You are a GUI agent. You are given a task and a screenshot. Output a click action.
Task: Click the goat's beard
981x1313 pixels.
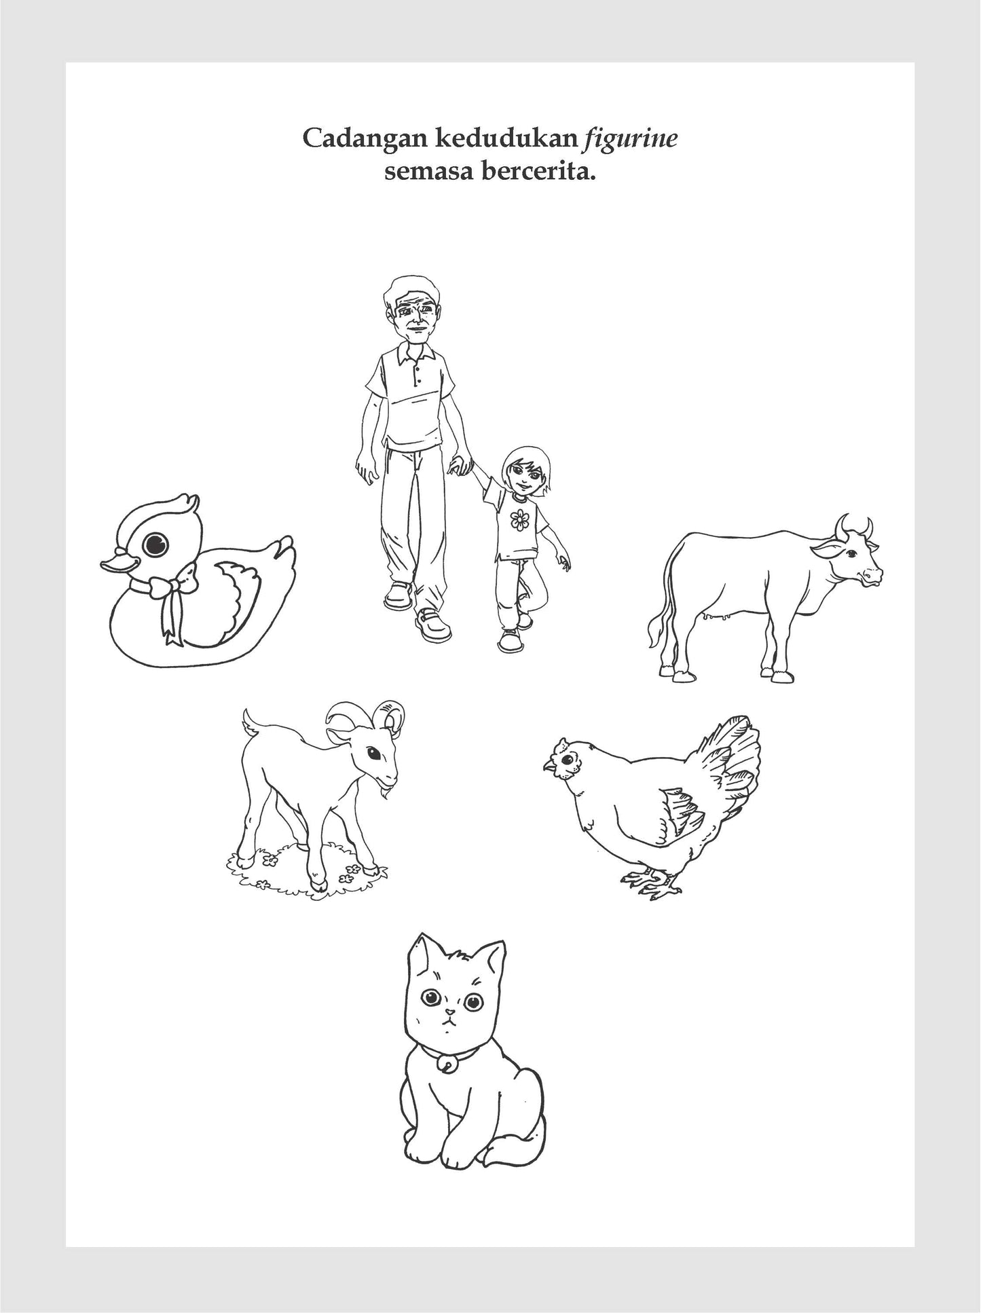(387, 790)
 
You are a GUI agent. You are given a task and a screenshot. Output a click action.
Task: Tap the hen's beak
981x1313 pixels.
(548, 767)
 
